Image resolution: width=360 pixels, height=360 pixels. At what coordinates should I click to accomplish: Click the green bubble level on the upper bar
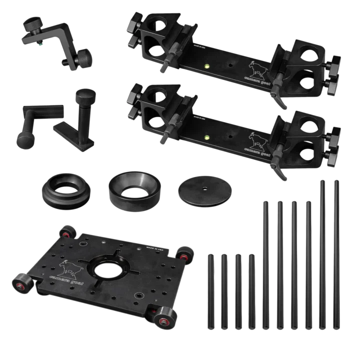click(x=206, y=65)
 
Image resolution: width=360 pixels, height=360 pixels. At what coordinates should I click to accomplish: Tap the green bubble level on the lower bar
click(x=206, y=135)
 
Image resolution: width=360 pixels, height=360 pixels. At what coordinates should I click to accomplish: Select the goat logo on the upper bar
click(x=257, y=68)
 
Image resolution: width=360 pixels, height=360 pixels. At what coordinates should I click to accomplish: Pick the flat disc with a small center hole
click(x=205, y=189)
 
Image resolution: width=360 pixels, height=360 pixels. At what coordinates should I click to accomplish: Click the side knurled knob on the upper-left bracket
click(x=82, y=59)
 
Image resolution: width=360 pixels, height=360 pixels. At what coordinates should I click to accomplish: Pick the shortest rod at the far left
click(x=210, y=290)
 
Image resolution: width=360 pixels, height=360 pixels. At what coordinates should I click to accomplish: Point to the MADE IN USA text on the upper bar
click(x=195, y=46)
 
